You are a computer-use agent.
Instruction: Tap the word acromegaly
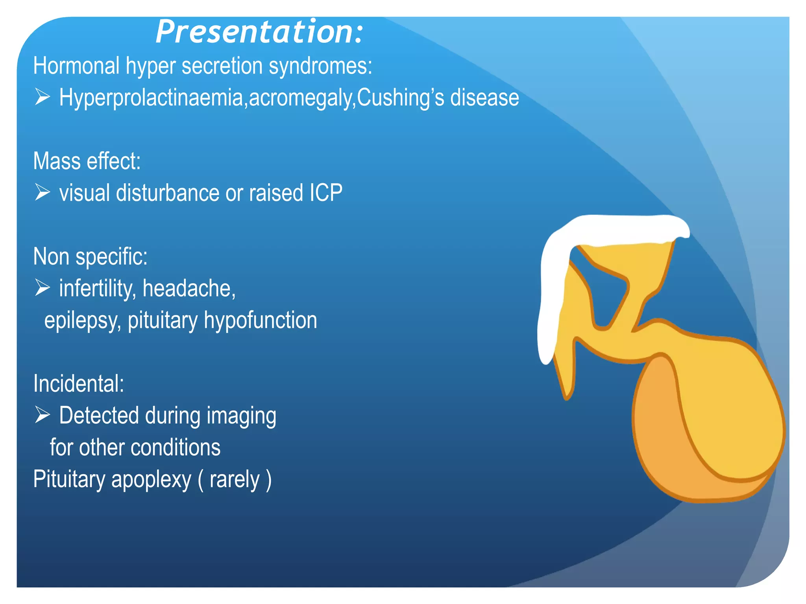tap(301, 98)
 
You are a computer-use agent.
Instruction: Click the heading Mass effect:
tap(87, 161)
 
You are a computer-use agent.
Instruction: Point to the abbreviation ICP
tap(326, 193)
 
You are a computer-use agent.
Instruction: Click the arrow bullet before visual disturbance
tap(43, 192)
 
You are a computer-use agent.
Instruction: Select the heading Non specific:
tap(90, 257)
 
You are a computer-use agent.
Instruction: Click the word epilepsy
tap(82, 320)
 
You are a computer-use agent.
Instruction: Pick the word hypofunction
tap(260, 320)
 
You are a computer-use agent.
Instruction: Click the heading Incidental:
tap(78, 383)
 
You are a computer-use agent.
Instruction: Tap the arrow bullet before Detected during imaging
tap(43, 414)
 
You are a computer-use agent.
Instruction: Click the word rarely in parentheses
tap(235, 479)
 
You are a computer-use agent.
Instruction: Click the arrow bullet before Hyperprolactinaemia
tap(43, 97)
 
